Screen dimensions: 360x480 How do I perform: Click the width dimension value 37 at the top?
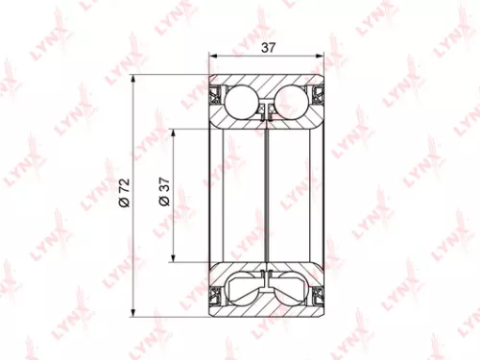(269, 44)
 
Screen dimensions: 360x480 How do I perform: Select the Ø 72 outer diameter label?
(123, 194)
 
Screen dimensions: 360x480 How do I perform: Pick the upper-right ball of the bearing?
(294, 100)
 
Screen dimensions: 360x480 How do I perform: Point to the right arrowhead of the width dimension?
(324, 56)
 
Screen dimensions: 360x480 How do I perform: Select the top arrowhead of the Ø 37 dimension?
(175, 132)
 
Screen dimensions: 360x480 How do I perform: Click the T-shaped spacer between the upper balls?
(269, 110)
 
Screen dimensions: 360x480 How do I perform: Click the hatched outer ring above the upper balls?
(269, 81)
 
